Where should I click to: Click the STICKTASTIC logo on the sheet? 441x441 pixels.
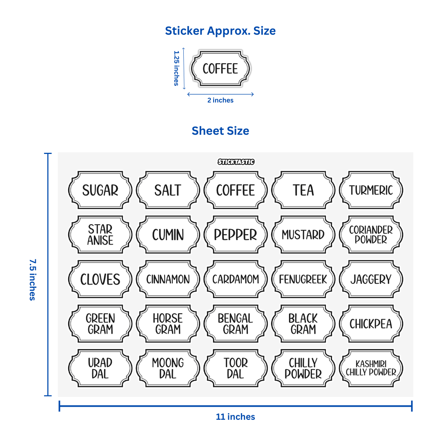(236, 162)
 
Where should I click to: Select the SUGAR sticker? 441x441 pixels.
(100, 190)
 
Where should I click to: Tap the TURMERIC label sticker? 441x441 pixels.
(371, 190)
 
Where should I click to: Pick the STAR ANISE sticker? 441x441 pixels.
(100, 235)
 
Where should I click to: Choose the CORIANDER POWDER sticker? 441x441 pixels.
(371, 235)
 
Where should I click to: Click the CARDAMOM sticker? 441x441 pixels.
(236, 279)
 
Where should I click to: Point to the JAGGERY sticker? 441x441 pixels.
(371, 279)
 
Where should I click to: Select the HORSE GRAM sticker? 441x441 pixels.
(168, 324)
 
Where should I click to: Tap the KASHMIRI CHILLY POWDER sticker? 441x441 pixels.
(371, 368)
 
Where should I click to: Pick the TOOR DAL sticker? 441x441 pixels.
(236, 368)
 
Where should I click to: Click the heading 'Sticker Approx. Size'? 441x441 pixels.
(220, 31)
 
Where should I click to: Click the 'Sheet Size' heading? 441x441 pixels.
(220, 131)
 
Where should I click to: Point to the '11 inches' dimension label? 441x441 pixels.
(235, 416)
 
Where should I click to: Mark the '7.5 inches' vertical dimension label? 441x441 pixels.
(32, 279)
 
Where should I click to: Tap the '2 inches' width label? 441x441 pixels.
(220, 100)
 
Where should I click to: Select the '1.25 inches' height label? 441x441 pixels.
(176, 68)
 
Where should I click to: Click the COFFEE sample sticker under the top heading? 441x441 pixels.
(220, 69)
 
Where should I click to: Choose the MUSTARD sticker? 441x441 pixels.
(303, 235)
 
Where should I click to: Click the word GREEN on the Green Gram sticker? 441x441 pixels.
(100, 318)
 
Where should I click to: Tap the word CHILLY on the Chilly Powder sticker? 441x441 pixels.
(303, 363)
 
